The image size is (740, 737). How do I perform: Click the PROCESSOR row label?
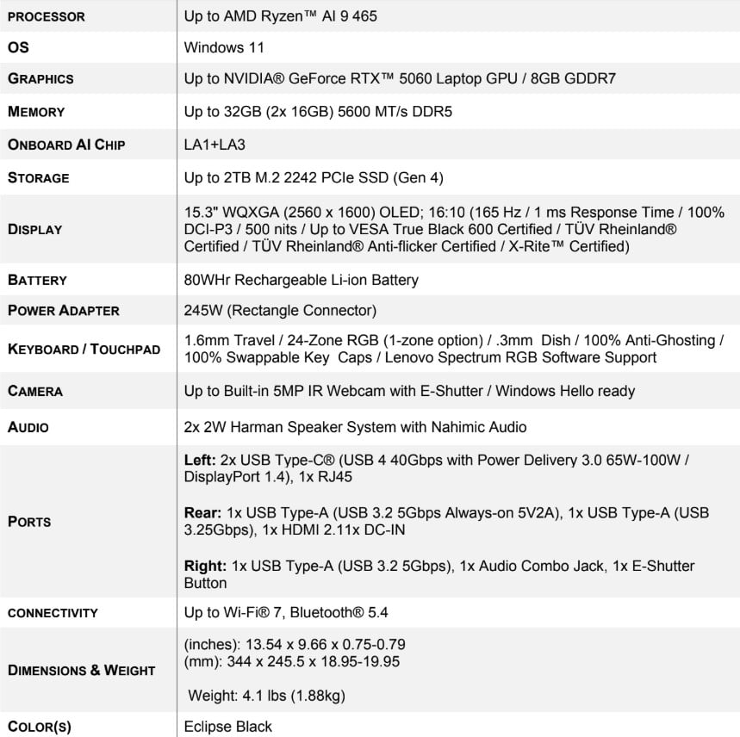tap(47, 16)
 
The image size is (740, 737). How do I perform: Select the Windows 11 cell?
tap(224, 48)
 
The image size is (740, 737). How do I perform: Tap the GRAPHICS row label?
tap(40, 78)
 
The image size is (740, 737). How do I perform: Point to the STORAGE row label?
tap(39, 178)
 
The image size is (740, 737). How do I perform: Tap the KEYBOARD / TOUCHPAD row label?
tap(84, 349)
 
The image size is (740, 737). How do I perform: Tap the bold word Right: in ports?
tap(203, 566)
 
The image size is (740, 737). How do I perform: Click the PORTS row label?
tap(29, 522)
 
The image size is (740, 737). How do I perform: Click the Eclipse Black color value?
tap(227, 726)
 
